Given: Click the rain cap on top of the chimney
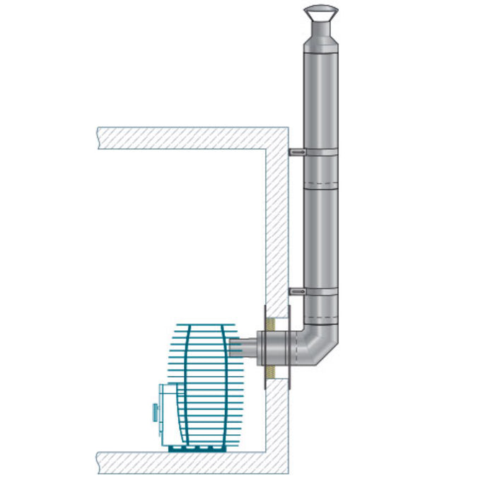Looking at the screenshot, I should (x=321, y=14).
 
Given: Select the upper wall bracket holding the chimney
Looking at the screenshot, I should (x=297, y=151).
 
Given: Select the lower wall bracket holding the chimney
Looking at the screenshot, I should (x=297, y=290).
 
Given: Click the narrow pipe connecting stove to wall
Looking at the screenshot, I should (x=243, y=347).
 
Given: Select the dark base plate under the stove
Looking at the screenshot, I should (x=198, y=448).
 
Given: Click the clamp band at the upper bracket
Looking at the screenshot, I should (x=322, y=153).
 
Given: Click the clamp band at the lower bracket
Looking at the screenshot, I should (x=322, y=291).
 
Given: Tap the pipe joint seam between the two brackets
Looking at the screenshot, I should (x=322, y=186).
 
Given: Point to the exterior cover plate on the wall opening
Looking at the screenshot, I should (x=289, y=347).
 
